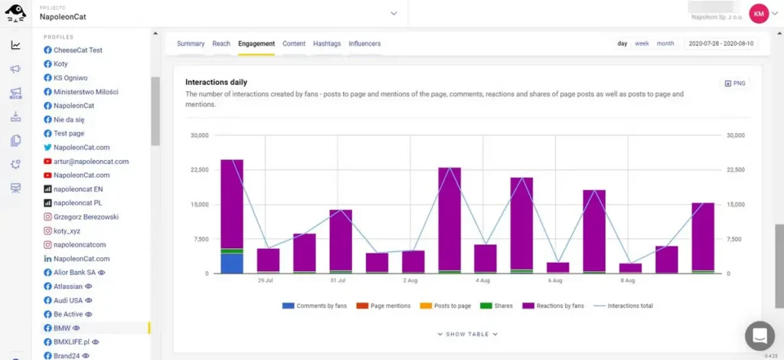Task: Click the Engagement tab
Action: click(x=256, y=44)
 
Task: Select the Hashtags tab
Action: click(x=327, y=44)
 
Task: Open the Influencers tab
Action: click(x=364, y=44)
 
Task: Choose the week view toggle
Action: click(x=642, y=44)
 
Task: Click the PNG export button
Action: click(x=734, y=83)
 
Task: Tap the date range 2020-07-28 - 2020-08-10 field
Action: click(x=721, y=44)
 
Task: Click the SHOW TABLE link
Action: click(x=468, y=334)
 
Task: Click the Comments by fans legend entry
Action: click(x=315, y=306)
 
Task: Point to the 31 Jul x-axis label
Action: click(x=338, y=280)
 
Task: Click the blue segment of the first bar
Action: click(x=232, y=263)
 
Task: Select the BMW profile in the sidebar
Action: click(x=62, y=328)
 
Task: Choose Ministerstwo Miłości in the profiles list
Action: click(x=86, y=92)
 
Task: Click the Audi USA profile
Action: click(x=69, y=300)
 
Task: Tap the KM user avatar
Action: click(x=759, y=13)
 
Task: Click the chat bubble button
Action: click(x=759, y=335)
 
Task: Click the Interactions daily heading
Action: click(x=216, y=82)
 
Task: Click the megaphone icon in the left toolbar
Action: click(x=15, y=69)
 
